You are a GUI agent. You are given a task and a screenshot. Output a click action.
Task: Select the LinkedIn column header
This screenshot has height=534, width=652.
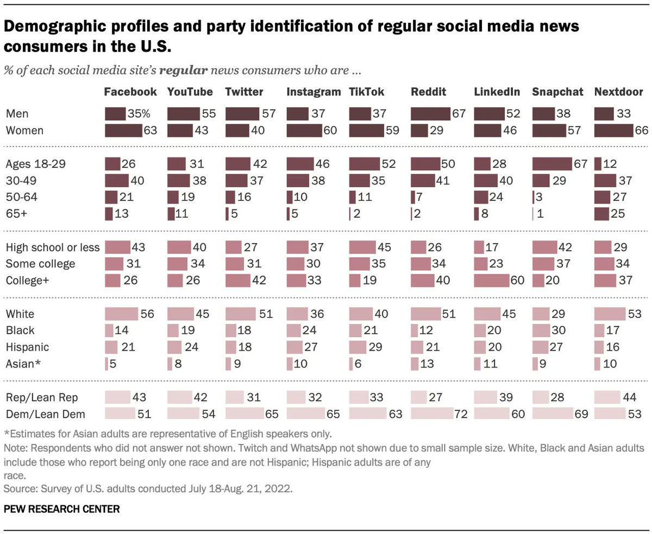pos(497,92)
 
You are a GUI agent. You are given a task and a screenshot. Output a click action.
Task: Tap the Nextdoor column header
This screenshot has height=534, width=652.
pos(618,92)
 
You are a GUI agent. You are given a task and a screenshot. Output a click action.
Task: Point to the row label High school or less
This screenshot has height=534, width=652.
pos(52,248)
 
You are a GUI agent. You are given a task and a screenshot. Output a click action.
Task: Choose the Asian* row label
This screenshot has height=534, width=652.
pos(23,363)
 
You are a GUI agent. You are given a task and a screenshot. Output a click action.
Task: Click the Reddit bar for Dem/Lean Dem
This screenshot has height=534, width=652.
pos(431,414)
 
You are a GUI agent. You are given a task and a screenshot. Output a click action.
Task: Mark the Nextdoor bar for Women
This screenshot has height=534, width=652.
pos(614,131)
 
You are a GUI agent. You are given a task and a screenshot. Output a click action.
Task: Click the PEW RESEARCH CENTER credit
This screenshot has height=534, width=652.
pos(62,509)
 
